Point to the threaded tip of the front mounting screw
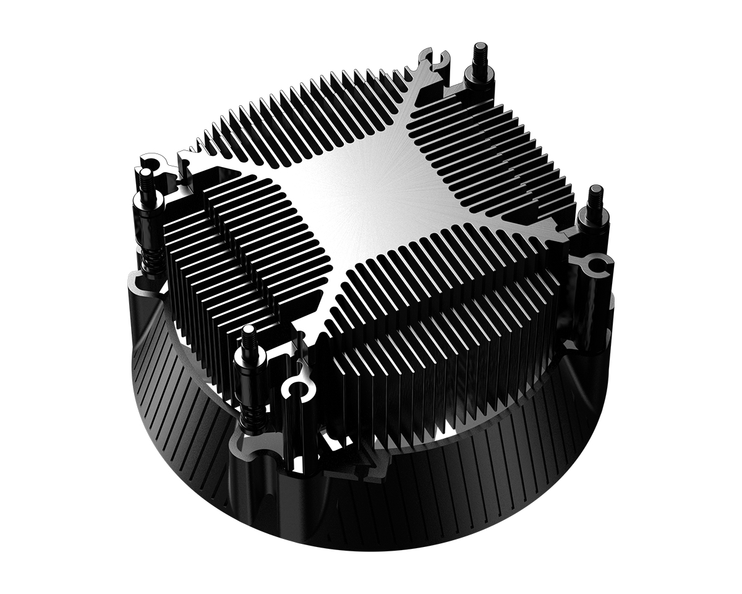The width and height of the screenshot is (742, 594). (249, 336)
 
